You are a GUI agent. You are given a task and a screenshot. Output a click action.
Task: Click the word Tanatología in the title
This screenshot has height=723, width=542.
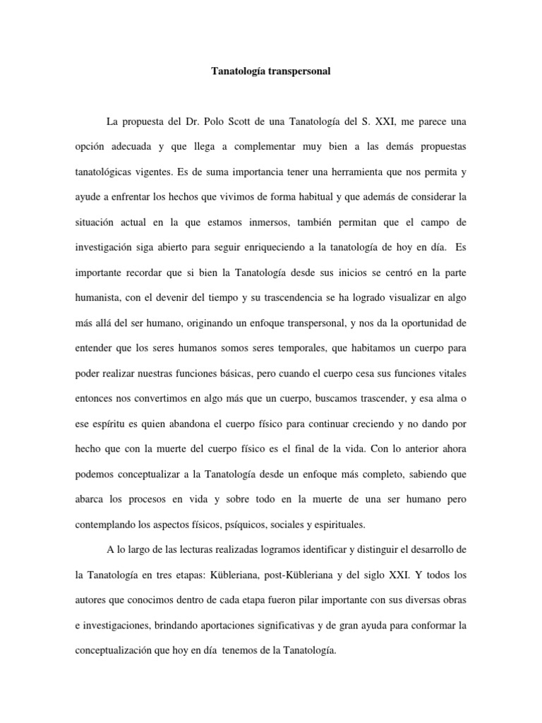(x=239, y=71)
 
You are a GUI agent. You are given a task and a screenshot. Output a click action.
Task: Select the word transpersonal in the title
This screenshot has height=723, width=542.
(x=299, y=71)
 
